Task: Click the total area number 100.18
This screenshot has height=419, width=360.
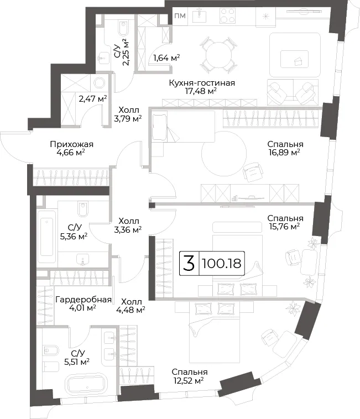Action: pyautogui.click(x=222, y=264)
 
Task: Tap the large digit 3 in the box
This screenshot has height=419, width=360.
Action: pyautogui.click(x=189, y=263)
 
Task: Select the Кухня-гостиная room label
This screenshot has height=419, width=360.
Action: pyautogui.click(x=202, y=83)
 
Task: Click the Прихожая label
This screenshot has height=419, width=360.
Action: pyautogui.click(x=72, y=144)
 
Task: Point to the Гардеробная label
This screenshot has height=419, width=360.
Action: pyautogui.click(x=84, y=300)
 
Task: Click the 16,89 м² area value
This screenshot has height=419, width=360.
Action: pyautogui.click(x=284, y=153)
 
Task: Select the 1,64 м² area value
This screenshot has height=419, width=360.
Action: pyautogui.click(x=166, y=57)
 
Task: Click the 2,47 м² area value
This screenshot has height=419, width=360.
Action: pyautogui.click(x=93, y=99)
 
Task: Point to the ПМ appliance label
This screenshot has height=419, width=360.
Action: pyautogui.click(x=180, y=16)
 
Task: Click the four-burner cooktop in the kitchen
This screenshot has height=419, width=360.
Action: pyautogui.click(x=227, y=15)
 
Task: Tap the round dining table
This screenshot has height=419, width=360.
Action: pyautogui.click(x=218, y=55)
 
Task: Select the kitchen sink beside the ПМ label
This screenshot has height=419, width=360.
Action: pyautogui.click(x=200, y=15)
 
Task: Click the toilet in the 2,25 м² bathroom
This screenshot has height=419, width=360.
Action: pyautogui.click(x=123, y=29)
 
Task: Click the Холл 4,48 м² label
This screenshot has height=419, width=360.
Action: pyautogui.click(x=131, y=306)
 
